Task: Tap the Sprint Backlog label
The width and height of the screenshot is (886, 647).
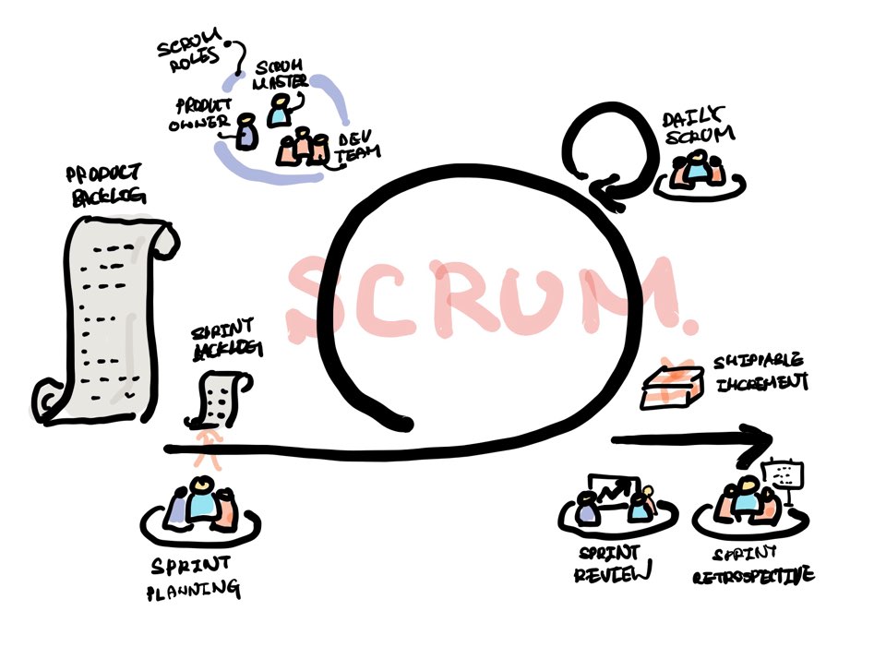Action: point(224,339)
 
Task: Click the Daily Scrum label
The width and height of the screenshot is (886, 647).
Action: point(699,126)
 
